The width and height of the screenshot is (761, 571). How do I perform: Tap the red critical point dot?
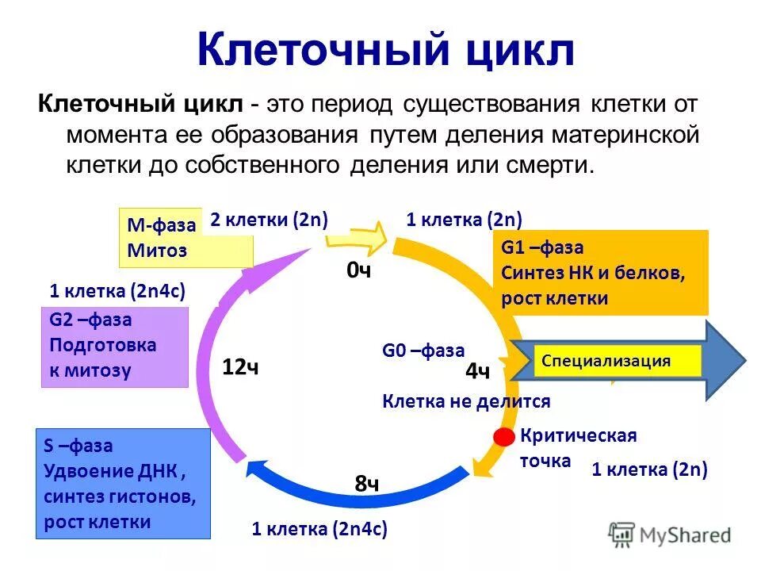tap(503, 437)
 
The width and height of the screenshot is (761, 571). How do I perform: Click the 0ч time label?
tap(359, 271)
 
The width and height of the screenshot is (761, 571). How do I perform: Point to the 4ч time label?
tap(477, 372)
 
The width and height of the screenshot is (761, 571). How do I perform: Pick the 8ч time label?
tap(367, 484)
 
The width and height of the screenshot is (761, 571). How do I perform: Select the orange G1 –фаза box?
tap(599, 273)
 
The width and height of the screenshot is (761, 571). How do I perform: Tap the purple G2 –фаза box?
tap(114, 346)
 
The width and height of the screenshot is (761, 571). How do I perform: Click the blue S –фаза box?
tap(123, 484)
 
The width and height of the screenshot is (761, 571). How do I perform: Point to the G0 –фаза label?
tap(423, 351)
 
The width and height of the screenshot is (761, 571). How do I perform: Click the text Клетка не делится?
tap(466, 401)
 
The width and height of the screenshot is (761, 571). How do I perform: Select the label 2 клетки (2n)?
tap(270, 220)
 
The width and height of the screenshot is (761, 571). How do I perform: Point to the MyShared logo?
tap(670, 535)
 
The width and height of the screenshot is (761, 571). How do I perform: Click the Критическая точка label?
tap(578, 447)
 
